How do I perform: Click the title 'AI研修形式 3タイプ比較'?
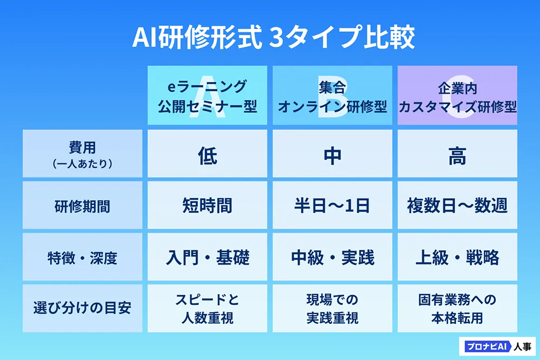[273, 37]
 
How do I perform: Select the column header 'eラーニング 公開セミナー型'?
[207, 96]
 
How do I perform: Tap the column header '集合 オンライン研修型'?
[332, 96]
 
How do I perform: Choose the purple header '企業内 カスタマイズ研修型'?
[457, 96]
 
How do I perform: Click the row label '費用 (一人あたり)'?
[82, 153]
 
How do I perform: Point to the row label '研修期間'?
[82, 205]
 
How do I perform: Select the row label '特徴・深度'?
[82, 257]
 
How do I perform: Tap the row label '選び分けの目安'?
[82, 308]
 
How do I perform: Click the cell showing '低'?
[207, 153]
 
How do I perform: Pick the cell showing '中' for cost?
[332, 153]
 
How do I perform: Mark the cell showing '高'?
[457, 153]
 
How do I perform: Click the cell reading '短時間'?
[207, 205]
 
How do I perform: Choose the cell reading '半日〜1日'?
[332, 205]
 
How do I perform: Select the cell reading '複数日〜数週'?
[457, 205]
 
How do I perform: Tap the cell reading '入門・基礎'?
[207, 257]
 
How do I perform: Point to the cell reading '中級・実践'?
[332, 257]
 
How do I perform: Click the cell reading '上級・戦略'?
[457, 257]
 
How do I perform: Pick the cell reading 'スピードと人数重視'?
[207, 308]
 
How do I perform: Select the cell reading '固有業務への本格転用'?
[457, 308]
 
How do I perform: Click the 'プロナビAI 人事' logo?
[497, 346]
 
